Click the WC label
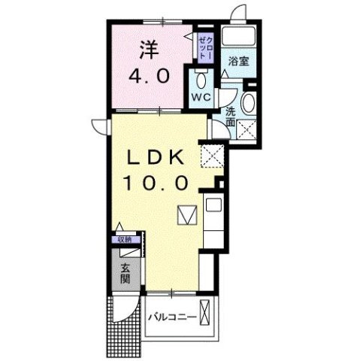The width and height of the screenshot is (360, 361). [198, 97]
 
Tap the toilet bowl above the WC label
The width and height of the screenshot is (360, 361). [200, 79]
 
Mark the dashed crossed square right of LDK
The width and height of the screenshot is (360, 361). [212, 159]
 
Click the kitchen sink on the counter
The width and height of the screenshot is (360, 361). [211, 204]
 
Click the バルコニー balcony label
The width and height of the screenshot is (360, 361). [172, 317]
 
